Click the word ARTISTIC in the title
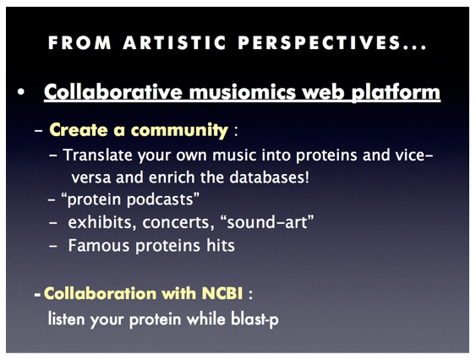pyautogui.click(x=174, y=42)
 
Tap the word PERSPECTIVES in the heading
pyautogui.click(x=319, y=42)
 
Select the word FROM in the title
pyautogui.click(x=79, y=42)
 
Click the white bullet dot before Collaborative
pyautogui.click(x=20, y=91)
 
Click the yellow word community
pyautogui.click(x=179, y=130)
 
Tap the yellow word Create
pyautogui.click(x=79, y=130)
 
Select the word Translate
pyautogui.click(x=98, y=155)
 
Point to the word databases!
pyautogui.click(x=269, y=177)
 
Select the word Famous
pyautogui.click(x=99, y=245)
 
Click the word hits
pyautogui.click(x=221, y=245)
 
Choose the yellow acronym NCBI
pyautogui.click(x=222, y=293)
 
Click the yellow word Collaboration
pyautogui.click(x=101, y=293)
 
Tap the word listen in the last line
pyautogui.click(x=66, y=319)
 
